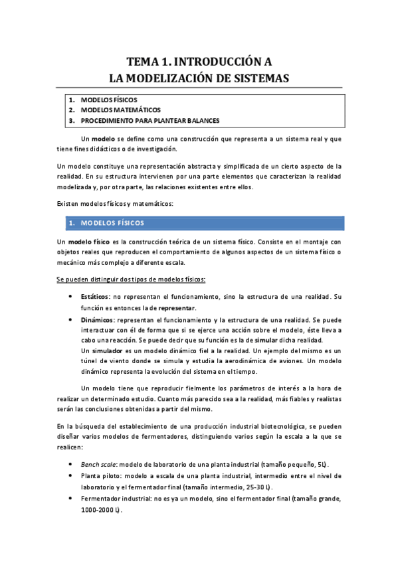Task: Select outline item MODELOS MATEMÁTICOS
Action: pos(120,110)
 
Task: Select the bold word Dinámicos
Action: pos(97,319)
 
